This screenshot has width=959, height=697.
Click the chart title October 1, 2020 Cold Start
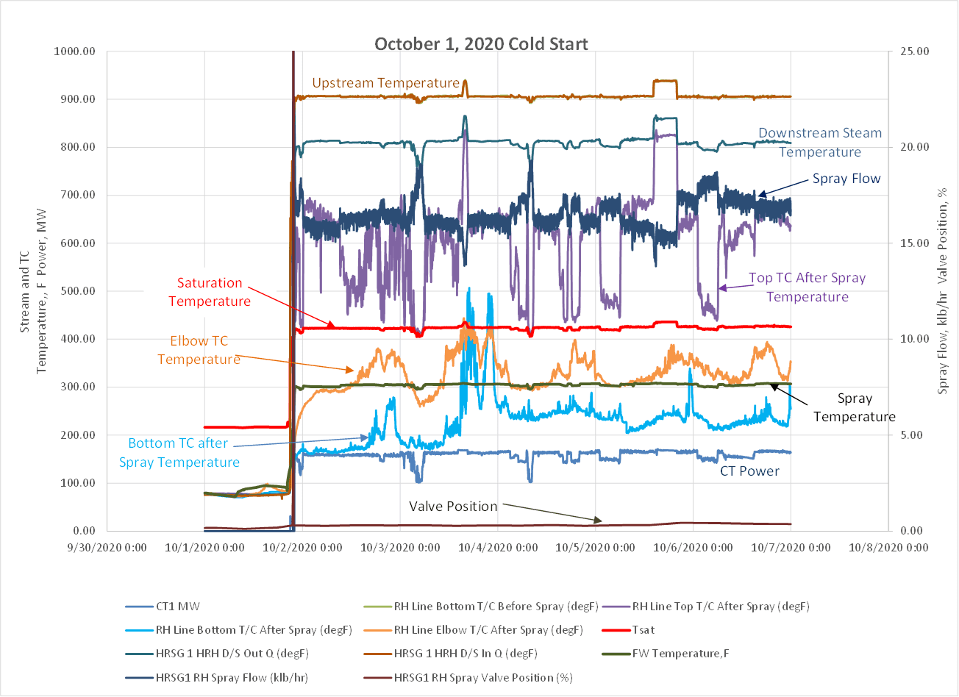[481, 43]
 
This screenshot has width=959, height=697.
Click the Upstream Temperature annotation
[385, 83]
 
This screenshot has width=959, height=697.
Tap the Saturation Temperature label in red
[209, 292]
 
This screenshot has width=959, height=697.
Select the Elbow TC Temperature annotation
[199, 350]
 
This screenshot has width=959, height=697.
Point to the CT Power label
[749, 471]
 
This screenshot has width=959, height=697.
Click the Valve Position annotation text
[453, 507]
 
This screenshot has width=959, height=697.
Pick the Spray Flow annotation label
[846, 179]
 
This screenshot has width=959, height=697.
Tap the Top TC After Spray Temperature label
[807, 287]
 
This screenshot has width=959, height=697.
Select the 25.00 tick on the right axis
[912, 51]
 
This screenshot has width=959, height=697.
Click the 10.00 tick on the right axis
[912, 339]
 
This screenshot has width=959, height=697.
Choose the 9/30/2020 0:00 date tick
[107, 548]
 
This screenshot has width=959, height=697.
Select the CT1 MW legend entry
[179, 607]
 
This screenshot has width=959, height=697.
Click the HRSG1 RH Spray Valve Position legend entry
[484, 677]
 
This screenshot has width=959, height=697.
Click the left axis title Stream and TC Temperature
[34, 290]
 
